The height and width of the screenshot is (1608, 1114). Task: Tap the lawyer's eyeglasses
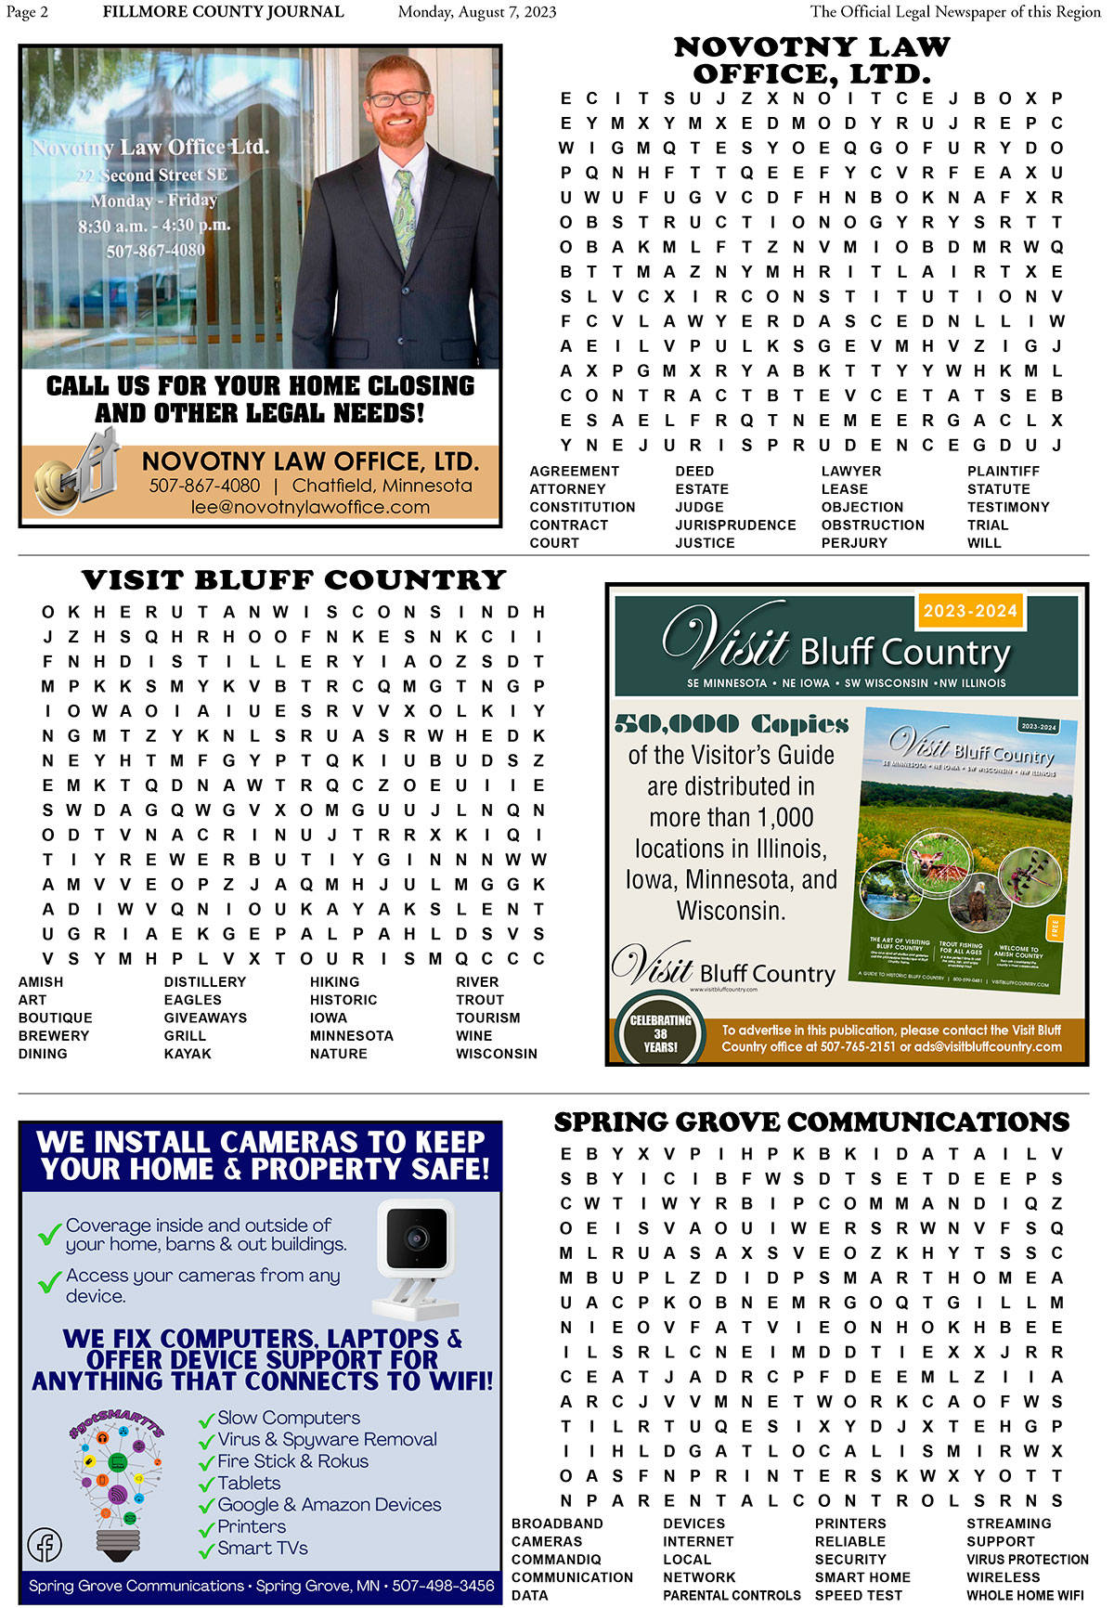click(x=397, y=98)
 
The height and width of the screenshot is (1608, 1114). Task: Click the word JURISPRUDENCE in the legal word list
click(x=735, y=525)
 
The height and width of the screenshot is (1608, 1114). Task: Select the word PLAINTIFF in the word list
click(x=1004, y=471)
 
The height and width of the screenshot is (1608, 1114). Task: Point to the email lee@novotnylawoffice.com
click(x=310, y=507)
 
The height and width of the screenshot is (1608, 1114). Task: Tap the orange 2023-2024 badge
click(x=970, y=610)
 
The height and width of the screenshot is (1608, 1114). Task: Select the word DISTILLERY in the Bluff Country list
click(x=205, y=981)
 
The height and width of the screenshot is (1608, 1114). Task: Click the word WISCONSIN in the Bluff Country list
click(x=497, y=1054)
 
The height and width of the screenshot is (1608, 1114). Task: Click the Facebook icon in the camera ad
click(x=45, y=1544)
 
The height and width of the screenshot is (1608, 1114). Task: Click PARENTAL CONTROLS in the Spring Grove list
click(x=732, y=1595)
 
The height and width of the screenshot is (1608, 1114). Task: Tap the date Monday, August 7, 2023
click(x=477, y=12)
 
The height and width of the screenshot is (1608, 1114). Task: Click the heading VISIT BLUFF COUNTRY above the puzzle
click(x=293, y=579)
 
